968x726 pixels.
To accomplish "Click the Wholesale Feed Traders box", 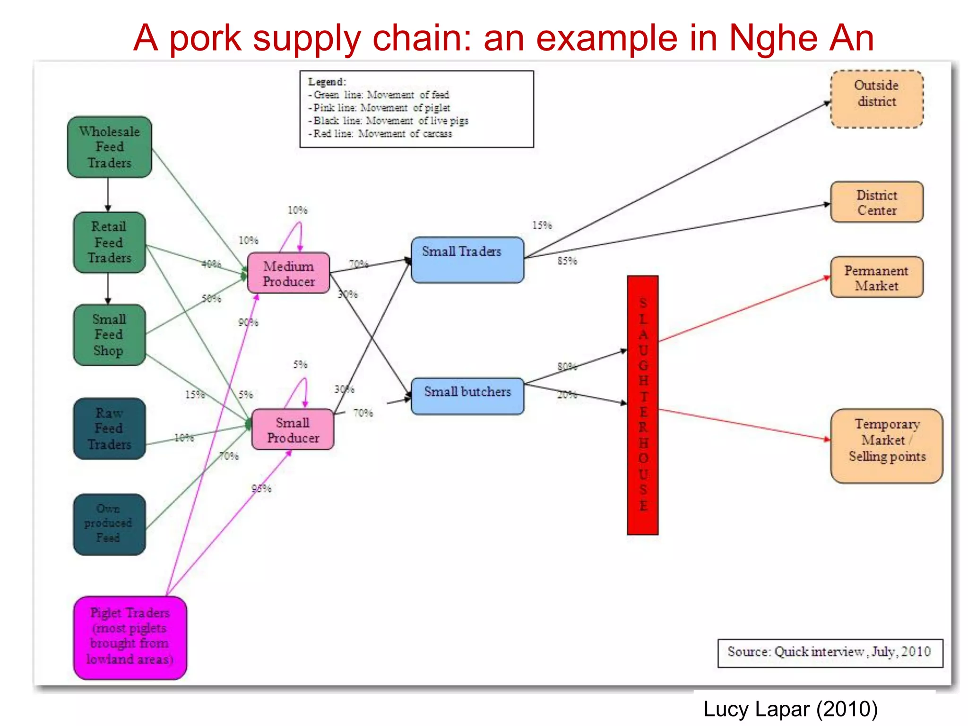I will (110, 147).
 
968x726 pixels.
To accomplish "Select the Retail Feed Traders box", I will (109, 242).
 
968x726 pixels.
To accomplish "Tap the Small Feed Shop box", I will (109, 335).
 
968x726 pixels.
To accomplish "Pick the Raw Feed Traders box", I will (109, 428).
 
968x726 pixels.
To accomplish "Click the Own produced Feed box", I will (109, 524).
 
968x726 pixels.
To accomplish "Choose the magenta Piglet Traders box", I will (130, 637).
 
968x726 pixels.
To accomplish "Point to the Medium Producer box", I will (288, 273).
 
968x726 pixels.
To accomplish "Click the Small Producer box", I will (293, 430).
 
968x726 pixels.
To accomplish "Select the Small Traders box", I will (467, 259).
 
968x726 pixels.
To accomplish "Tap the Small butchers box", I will (467, 396).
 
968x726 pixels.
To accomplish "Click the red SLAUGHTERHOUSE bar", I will (642, 405).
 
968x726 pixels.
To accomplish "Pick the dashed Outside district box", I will (877, 98).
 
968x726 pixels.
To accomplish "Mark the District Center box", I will (877, 202).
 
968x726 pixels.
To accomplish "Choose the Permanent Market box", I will (877, 277).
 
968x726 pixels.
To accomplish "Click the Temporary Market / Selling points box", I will (886, 445).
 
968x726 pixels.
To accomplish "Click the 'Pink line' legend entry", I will (381, 108).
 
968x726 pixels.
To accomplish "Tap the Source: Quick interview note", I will (830, 652).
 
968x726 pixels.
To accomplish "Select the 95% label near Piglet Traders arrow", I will (261, 488).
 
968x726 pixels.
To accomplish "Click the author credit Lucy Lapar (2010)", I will (790, 709).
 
